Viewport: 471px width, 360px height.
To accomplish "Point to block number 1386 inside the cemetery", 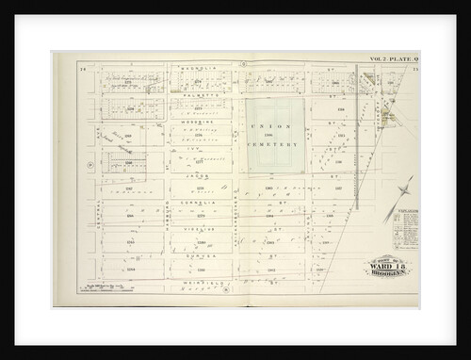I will click(272, 136).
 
